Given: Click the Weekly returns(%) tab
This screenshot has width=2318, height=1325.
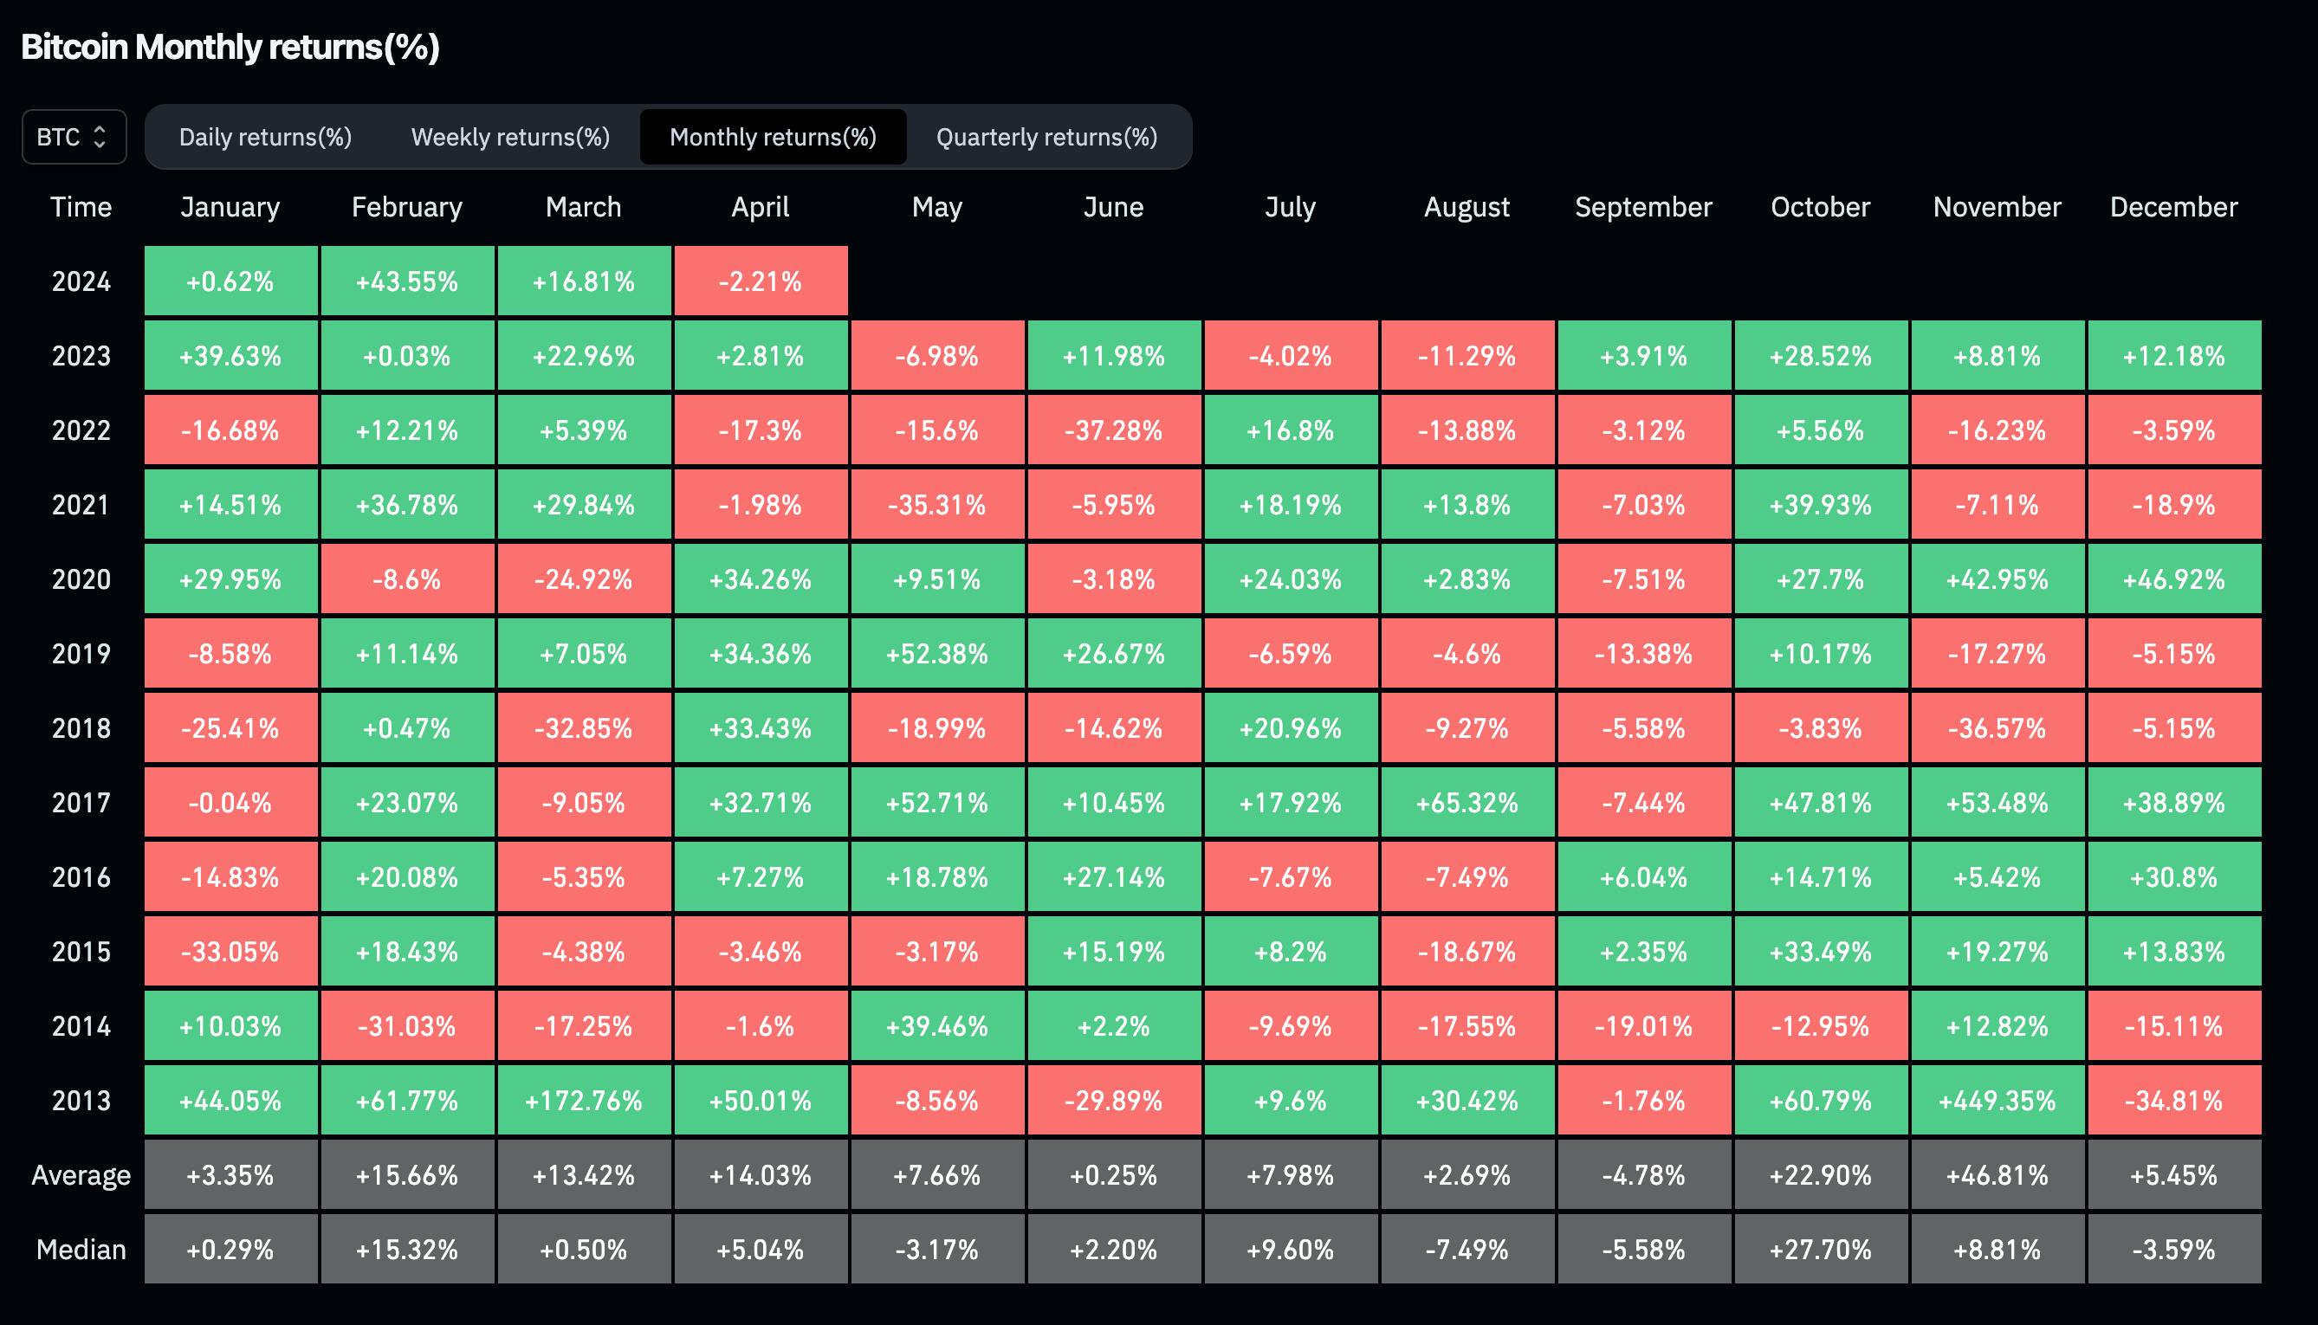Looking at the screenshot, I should point(510,138).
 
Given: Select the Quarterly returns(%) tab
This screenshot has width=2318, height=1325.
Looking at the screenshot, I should point(1046,138).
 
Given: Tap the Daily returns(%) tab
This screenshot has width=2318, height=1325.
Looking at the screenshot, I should point(265,138).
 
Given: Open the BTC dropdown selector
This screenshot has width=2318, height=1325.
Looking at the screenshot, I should point(74,138).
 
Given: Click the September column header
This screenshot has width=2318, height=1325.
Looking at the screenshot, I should point(1643,208).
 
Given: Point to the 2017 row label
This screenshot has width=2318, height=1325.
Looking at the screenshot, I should point(81,803).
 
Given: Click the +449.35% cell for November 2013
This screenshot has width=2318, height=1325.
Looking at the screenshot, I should point(1997,1101).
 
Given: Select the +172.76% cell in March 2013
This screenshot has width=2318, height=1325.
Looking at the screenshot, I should point(583,1101).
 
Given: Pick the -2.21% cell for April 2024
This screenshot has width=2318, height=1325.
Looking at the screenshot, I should point(760,281).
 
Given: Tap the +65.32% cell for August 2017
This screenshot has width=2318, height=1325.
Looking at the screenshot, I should point(1467,803).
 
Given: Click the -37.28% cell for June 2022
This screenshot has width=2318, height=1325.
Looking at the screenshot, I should point(1114,430).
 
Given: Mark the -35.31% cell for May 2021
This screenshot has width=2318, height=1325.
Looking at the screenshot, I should point(937,505).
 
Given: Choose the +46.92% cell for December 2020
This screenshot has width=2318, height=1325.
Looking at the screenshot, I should point(2173,579).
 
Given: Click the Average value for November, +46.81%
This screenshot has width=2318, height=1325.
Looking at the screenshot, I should point(1997,1176).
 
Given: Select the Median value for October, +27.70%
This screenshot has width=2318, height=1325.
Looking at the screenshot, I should point(1820,1250).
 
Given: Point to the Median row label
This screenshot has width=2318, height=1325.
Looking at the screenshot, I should point(81,1250).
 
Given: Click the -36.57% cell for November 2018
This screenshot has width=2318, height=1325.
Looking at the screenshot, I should point(1997,728).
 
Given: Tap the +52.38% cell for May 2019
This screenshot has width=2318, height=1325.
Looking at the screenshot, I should point(937,655).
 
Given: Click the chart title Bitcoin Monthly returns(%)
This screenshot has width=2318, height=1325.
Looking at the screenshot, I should point(230,48).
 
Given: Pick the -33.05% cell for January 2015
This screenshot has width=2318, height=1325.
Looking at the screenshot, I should point(230,952).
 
